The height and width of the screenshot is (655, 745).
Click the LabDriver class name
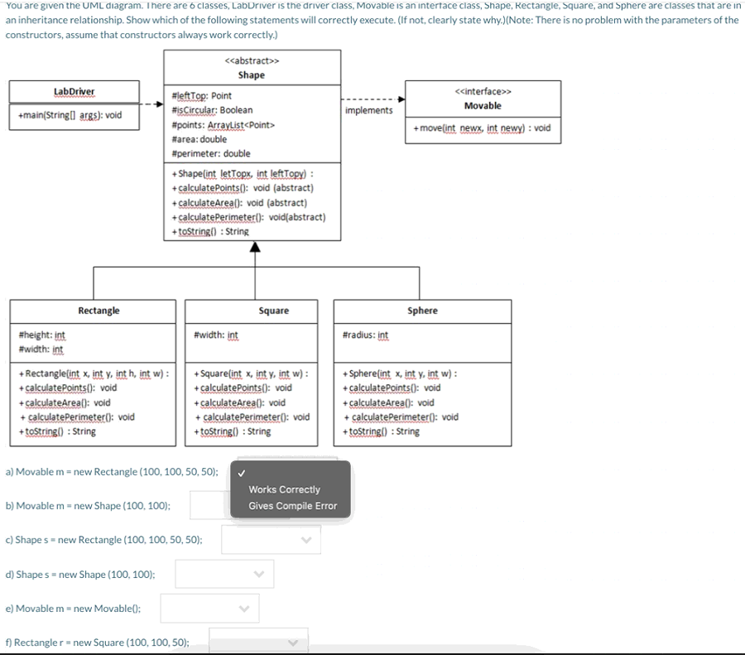point(74,91)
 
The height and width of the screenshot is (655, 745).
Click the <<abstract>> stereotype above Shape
point(252,60)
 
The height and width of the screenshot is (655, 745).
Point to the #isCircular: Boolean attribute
point(211,110)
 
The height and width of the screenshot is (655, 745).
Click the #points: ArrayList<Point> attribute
point(222,125)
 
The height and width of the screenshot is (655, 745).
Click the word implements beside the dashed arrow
point(369,110)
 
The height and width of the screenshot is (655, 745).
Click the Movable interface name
point(483,105)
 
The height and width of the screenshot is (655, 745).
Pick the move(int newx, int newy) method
point(482,128)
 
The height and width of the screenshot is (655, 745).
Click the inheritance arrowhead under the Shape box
point(255,247)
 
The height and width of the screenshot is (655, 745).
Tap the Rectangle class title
point(99,311)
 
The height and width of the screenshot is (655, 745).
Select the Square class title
point(273,311)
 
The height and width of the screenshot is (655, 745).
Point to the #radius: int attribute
point(365,335)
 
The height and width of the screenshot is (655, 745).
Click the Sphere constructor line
point(399,373)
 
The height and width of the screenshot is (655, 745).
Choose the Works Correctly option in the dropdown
point(284,489)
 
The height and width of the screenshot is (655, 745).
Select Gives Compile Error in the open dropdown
point(292,506)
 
